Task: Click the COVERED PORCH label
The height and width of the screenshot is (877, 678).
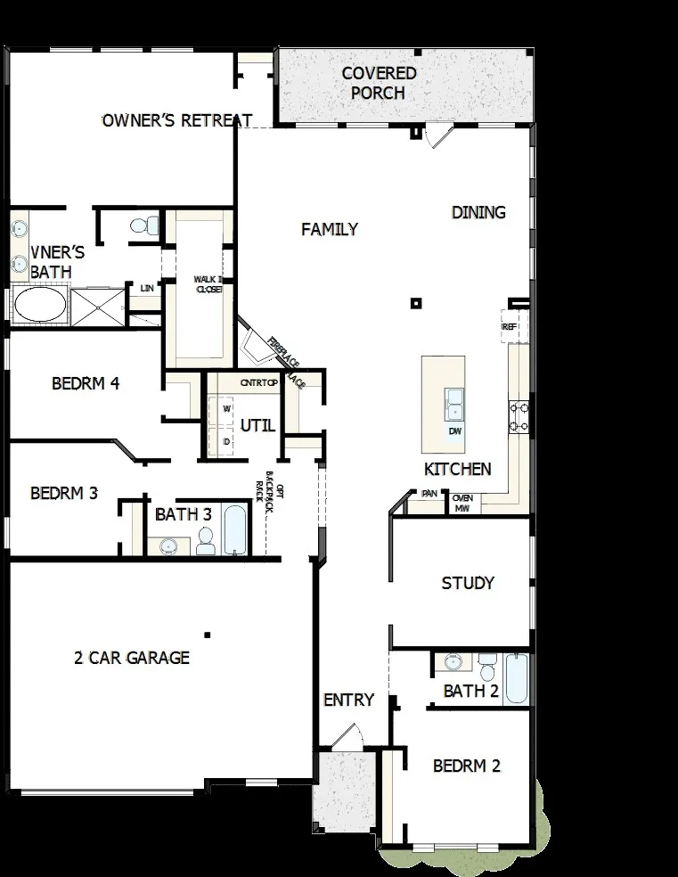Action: pyautogui.click(x=379, y=83)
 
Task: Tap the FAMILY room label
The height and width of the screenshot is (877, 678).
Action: pyautogui.click(x=330, y=230)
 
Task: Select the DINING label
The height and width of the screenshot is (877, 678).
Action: pyautogui.click(x=478, y=212)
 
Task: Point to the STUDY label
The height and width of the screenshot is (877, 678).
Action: pyautogui.click(x=468, y=584)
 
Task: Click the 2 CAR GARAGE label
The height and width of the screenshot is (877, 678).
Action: pyautogui.click(x=132, y=659)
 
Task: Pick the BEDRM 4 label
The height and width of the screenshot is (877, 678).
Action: pyautogui.click(x=86, y=384)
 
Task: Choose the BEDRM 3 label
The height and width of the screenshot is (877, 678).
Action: pyautogui.click(x=63, y=493)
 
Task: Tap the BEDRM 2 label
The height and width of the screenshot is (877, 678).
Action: pyautogui.click(x=467, y=766)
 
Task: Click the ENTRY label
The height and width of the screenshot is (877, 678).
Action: pyautogui.click(x=348, y=701)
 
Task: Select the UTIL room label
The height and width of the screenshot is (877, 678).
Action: pyautogui.click(x=257, y=425)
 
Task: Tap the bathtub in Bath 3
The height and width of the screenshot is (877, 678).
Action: pyautogui.click(x=236, y=531)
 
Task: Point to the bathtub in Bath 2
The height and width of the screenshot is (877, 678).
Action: pyautogui.click(x=517, y=679)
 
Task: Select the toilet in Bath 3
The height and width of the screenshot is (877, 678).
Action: pyautogui.click(x=206, y=541)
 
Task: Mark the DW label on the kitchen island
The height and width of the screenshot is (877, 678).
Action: pyautogui.click(x=455, y=431)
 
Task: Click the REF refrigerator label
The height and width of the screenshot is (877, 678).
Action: pyautogui.click(x=510, y=327)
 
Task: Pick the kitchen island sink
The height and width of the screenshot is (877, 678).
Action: pyautogui.click(x=455, y=404)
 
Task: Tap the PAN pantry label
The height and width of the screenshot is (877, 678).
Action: pyautogui.click(x=429, y=492)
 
